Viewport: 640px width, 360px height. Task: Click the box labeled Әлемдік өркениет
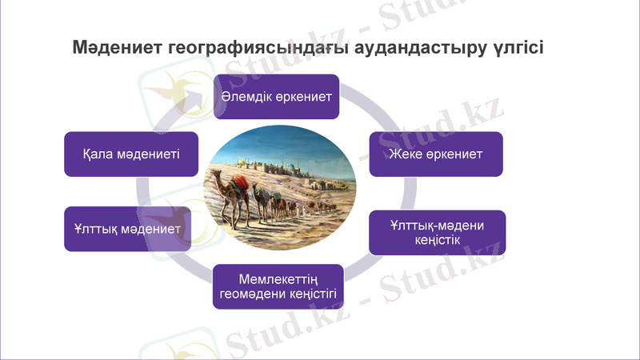click(x=277, y=97)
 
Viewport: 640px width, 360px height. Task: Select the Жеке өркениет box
click(x=436, y=154)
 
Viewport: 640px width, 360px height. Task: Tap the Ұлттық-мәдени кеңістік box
click(x=437, y=233)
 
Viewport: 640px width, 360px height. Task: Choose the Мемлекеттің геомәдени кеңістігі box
click(x=278, y=286)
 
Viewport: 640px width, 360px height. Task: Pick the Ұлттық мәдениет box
click(x=127, y=229)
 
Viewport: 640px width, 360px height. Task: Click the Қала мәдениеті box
click(x=131, y=154)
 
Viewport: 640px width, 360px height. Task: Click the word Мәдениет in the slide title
click(x=117, y=46)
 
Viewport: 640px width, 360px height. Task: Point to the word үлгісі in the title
click(x=516, y=46)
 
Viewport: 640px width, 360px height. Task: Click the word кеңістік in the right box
click(x=437, y=240)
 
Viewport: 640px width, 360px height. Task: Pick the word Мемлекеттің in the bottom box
click(x=278, y=279)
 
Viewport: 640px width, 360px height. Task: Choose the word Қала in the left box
click(x=99, y=154)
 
